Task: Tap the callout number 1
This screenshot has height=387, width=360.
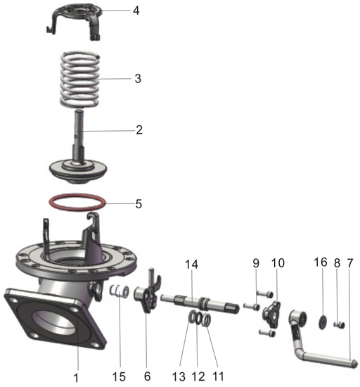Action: [x=76, y=378]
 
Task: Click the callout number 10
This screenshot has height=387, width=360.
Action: [x=278, y=264]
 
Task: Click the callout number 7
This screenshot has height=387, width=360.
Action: [x=350, y=264]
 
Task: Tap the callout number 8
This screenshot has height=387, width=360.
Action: [x=337, y=264]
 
